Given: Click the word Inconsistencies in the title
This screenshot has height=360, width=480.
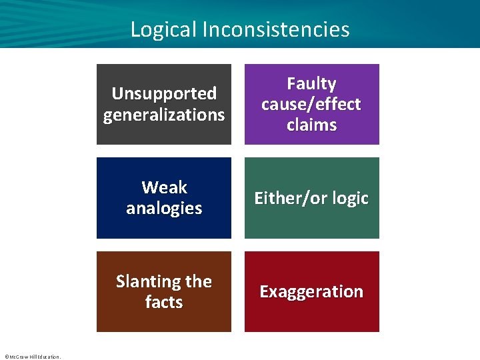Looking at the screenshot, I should (275, 29).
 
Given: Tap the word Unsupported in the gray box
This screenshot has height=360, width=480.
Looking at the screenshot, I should (164, 93).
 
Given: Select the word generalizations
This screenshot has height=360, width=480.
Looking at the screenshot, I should (164, 115).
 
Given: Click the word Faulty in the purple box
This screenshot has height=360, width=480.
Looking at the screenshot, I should (311, 83).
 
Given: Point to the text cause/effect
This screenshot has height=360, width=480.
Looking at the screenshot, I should (311, 104).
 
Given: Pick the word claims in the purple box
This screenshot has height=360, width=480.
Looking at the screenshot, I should (311, 125).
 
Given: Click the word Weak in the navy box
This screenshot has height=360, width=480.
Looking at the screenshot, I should (164, 187).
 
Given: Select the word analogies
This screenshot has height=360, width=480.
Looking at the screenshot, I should (164, 208).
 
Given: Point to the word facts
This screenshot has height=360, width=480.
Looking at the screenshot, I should (164, 302).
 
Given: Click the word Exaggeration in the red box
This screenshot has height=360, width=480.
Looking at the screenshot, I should (311, 291).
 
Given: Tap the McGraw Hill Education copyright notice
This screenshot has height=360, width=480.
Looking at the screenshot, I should (32, 357).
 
